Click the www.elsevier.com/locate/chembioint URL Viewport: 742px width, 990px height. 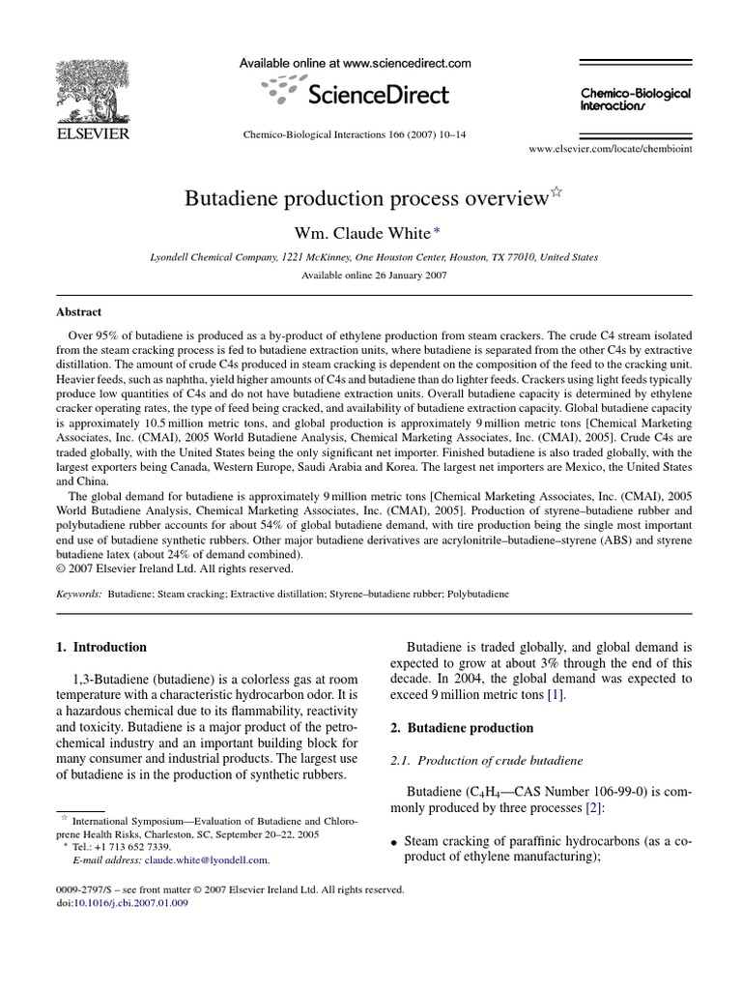pos(611,151)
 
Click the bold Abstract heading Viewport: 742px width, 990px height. pos(79,312)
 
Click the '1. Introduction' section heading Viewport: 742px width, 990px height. pos(101,647)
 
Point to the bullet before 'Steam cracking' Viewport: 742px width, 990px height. pos(394,842)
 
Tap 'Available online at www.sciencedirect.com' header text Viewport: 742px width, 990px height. pos(356,64)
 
